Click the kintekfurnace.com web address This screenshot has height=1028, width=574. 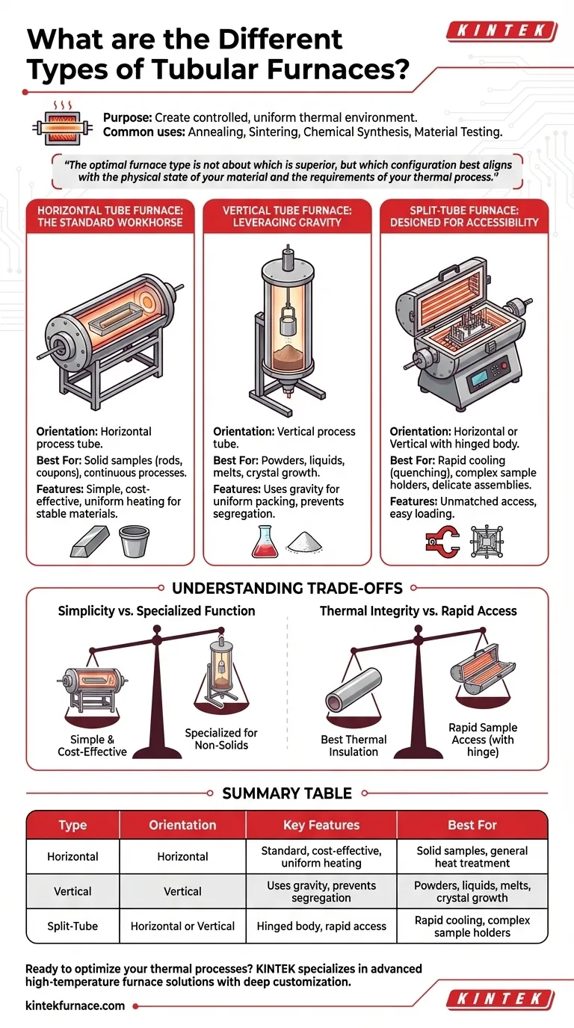click(x=75, y=1006)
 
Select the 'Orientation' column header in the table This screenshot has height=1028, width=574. click(x=182, y=825)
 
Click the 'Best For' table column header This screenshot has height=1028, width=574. click(x=472, y=825)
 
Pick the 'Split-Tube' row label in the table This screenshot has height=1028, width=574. click(x=72, y=926)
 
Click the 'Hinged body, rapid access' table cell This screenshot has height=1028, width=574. click(x=321, y=926)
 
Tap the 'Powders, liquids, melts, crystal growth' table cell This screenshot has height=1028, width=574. click(x=472, y=891)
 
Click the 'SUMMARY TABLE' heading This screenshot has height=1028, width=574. click(x=287, y=793)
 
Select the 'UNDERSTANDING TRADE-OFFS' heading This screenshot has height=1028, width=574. click(x=287, y=589)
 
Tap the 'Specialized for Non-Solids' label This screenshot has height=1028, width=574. click(x=221, y=739)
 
